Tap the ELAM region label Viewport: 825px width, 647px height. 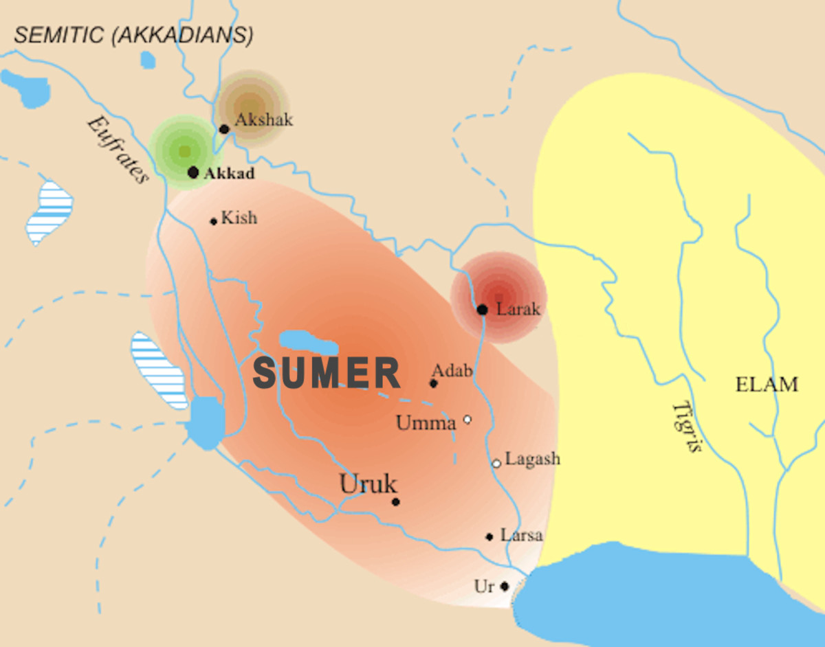pyautogui.click(x=767, y=385)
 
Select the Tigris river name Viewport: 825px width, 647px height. pyautogui.click(x=687, y=427)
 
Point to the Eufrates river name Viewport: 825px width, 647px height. pyautogui.click(x=117, y=150)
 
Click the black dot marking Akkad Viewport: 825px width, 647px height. pyautogui.click(x=193, y=172)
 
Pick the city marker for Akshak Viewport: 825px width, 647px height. pyautogui.click(x=224, y=129)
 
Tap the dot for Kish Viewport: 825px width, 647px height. pyautogui.click(x=214, y=221)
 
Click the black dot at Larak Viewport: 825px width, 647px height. pyautogui.click(x=482, y=310)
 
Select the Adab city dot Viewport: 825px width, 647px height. pyautogui.click(x=434, y=383)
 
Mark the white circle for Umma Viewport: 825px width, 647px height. pyautogui.click(x=467, y=419)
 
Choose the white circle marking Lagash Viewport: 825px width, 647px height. pyautogui.click(x=496, y=464)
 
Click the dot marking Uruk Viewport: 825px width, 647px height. pyautogui.click(x=395, y=502)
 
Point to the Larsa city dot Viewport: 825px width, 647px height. pyautogui.click(x=489, y=537)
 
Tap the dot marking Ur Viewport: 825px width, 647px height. pyautogui.click(x=505, y=587)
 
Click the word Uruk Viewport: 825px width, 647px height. pyautogui.click(x=368, y=484)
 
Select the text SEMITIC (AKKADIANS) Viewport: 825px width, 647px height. pyautogui.click(x=133, y=36)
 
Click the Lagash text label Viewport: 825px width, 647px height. pyautogui.click(x=532, y=459)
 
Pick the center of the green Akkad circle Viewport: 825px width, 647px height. pyautogui.click(x=184, y=150)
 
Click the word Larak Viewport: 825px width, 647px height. pyautogui.click(x=518, y=309)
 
